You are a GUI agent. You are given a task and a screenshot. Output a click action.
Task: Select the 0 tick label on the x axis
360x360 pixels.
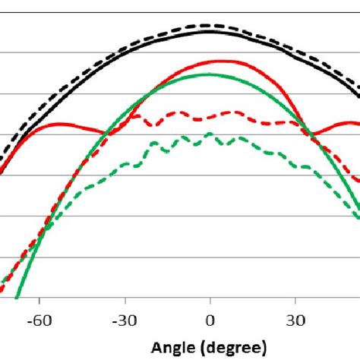pos(210,321)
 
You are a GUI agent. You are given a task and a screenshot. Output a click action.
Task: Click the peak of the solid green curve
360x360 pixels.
pos(207,74)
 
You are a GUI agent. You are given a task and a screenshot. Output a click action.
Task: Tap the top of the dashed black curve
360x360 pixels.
pos(208,26)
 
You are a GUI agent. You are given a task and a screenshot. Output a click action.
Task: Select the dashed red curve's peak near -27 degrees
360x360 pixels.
pos(136,115)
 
